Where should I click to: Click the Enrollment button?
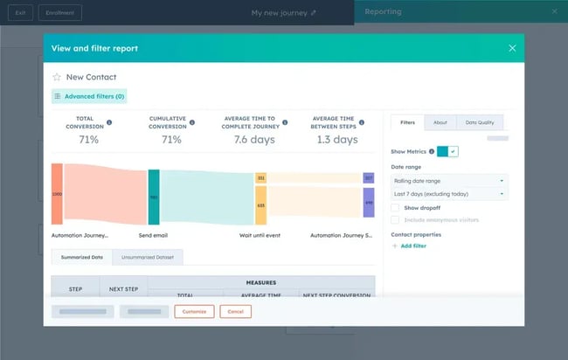[x=60, y=12]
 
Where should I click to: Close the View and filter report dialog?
[x=512, y=48]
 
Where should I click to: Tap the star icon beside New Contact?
[x=57, y=77]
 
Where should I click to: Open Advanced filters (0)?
[x=89, y=96]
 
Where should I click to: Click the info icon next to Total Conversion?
[x=109, y=122]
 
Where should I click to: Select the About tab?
[x=440, y=122]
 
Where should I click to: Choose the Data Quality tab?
[x=480, y=122]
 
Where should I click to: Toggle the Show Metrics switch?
[x=447, y=151]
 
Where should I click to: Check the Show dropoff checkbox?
[x=396, y=208]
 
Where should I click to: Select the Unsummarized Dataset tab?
[x=147, y=257]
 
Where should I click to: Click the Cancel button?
[x=235, y=311]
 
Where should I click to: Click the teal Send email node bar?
[x=154, y=197]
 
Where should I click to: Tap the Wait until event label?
[x=260, y=235]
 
